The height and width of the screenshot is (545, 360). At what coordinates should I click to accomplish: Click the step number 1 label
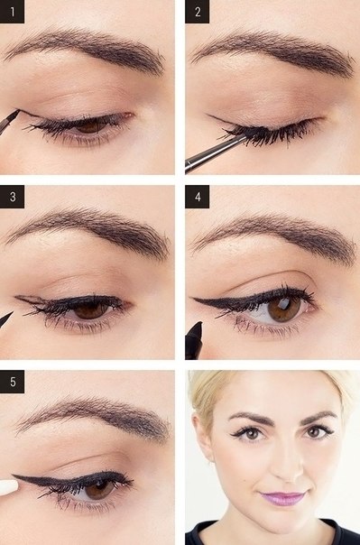(12, 12)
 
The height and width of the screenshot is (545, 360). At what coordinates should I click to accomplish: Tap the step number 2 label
(198, 12)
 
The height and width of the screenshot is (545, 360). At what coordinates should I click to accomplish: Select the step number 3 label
(12, 197)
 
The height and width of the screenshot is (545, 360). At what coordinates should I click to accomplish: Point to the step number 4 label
(198, 197)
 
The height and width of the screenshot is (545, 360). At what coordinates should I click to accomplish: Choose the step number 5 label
(12, 382)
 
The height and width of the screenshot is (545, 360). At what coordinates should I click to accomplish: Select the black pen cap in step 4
(194, 341)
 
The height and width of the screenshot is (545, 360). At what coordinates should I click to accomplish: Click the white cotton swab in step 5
(8, 487)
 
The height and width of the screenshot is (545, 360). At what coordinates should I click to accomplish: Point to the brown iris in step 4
(284, 309)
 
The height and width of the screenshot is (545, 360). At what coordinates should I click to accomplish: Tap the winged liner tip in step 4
(194, 299)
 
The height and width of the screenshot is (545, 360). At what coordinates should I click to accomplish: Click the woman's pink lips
(283, 499)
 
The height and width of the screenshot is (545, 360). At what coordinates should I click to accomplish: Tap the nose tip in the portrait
(287, 473)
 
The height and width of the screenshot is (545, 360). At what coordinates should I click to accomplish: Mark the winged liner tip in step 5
(14, 476)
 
